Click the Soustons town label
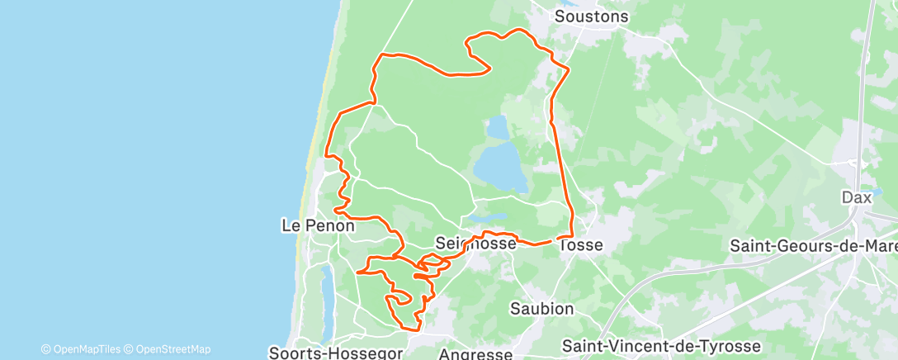point(591,17)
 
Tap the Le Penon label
point(318,225)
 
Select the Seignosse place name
point(475,244)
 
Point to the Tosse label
point(581,245)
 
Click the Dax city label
point(857,197)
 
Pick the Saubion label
point(541,309)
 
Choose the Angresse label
point(475,353)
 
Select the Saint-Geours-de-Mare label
point(814,245)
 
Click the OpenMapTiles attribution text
point(86,349)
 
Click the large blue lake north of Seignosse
point(501,165)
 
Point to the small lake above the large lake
point(498,127)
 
